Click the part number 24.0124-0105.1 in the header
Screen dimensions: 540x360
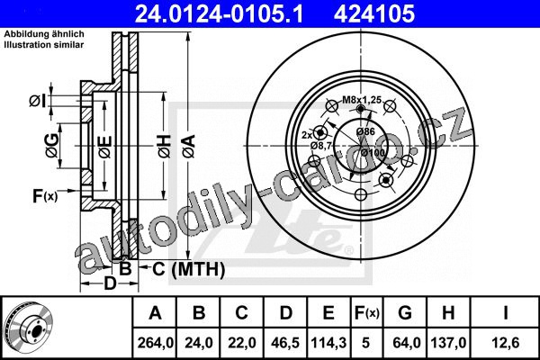point(219,13)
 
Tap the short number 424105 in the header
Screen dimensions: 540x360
point(374,13)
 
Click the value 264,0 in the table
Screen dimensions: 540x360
point(156,343)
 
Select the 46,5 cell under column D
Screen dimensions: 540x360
point(285,343)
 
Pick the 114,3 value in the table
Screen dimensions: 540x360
point(328,343)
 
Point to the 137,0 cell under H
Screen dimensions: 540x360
point(448,343)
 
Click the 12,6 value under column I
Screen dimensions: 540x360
point(505,343)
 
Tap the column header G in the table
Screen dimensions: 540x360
point(405,313)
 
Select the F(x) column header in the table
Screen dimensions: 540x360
point(367,313)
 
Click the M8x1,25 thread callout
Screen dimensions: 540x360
point(362,100)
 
